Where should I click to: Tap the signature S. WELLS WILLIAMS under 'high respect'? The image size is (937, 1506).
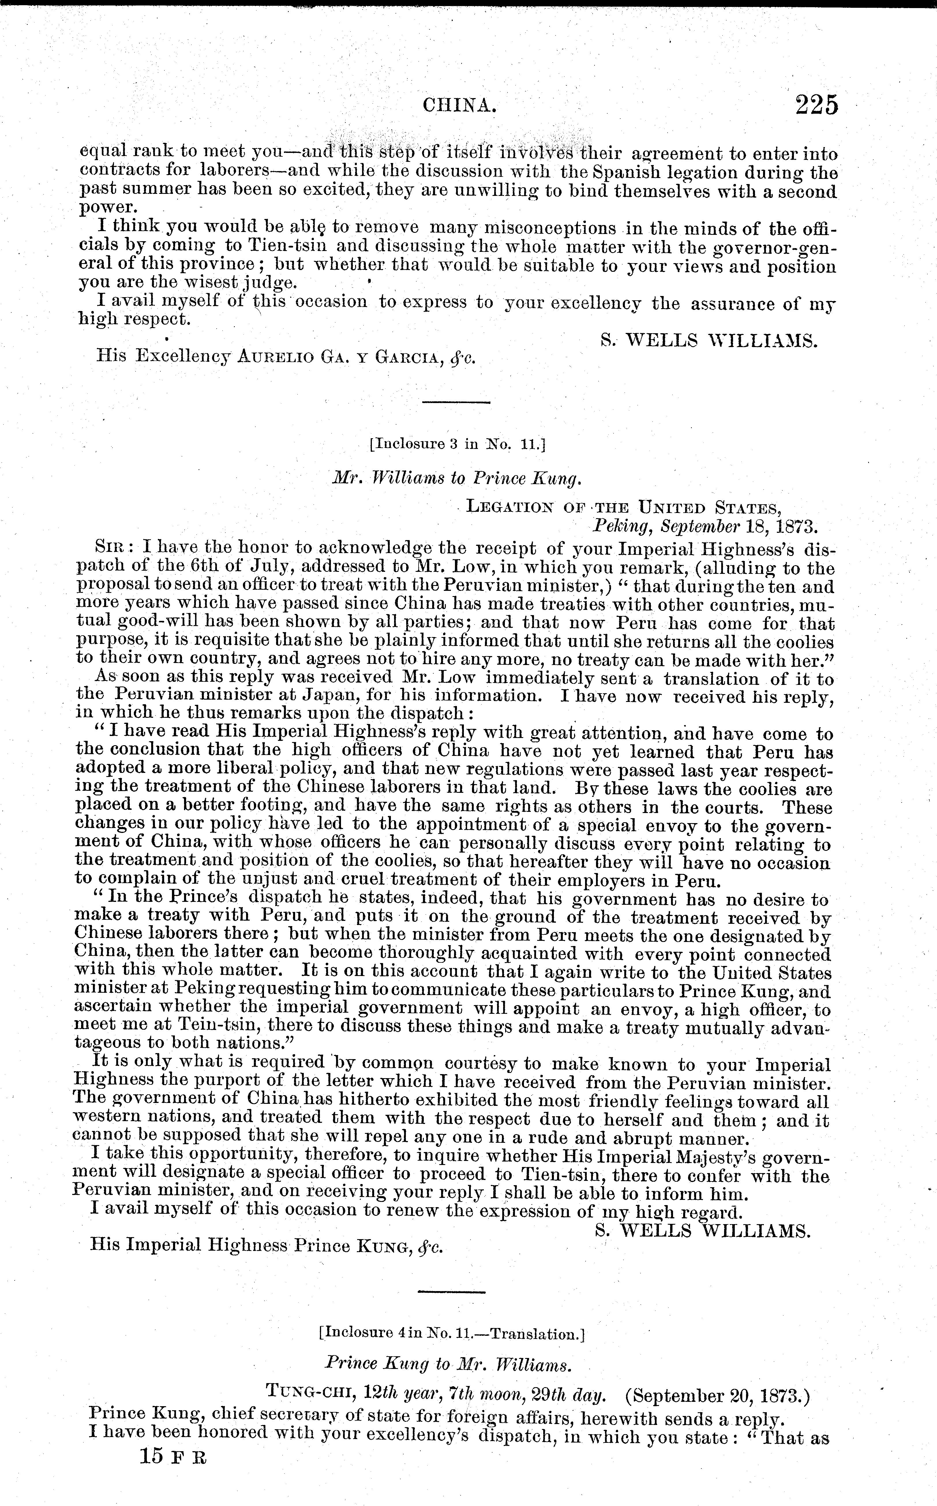coord(709,340)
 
